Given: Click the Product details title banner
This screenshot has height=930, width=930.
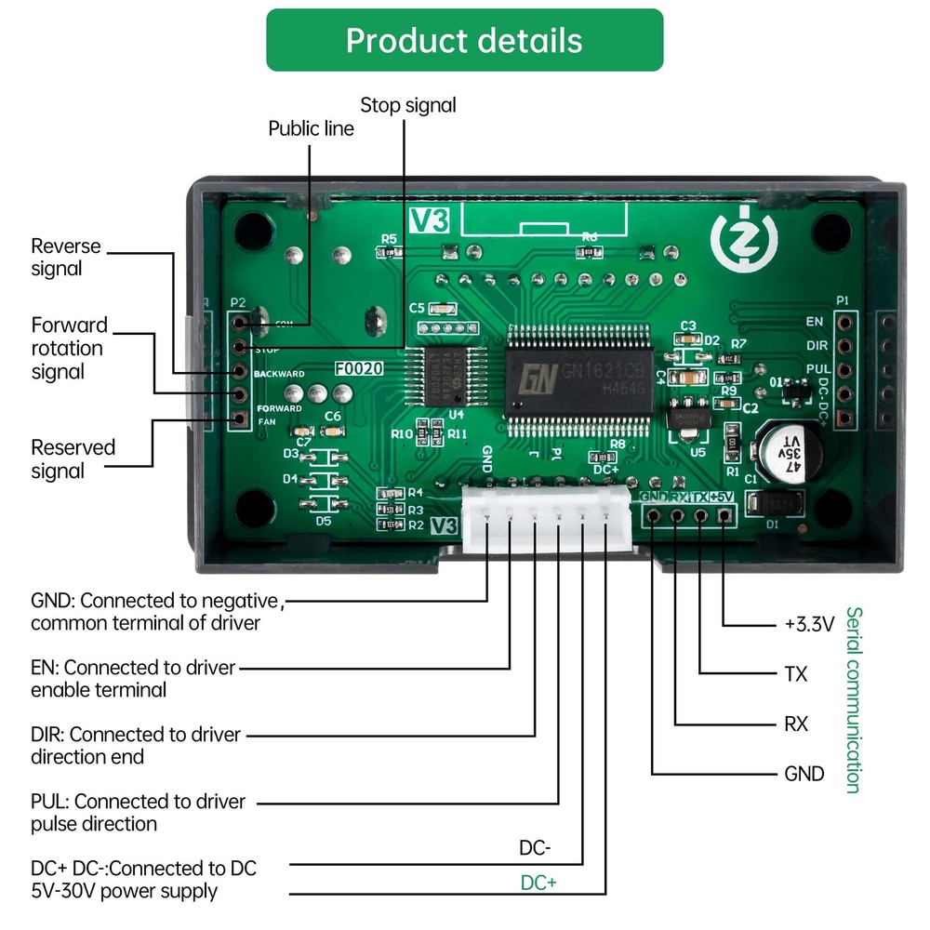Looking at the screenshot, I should point(464,41).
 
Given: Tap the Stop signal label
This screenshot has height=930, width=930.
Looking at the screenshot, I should point(408,105).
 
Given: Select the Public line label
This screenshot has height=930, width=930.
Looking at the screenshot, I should point(311,128).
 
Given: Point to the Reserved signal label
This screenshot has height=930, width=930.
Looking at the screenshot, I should point(73,458).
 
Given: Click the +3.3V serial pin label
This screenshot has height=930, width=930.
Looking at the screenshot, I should point(809,624).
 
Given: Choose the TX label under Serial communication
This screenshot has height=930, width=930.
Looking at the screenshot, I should point(796,674).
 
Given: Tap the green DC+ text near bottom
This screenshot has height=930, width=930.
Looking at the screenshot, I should point(538,883).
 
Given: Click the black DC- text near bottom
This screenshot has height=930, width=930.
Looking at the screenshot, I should point(535,848).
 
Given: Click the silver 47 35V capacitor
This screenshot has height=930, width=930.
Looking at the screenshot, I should point(787,454).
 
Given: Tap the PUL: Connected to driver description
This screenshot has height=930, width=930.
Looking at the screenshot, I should point(139,812).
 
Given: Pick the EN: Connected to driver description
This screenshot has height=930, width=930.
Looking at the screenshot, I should point(134,678).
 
